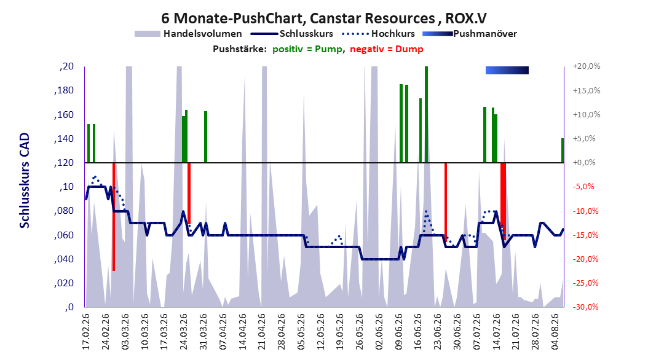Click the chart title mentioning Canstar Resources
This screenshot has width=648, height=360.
pos(323,18)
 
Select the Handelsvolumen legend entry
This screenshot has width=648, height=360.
pos(189,34)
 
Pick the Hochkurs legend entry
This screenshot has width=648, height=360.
pos(379,34)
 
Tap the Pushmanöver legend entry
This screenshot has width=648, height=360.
pos(470,34)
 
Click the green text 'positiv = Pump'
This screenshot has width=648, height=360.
pos(307,49)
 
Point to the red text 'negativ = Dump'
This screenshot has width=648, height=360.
pos(387,49)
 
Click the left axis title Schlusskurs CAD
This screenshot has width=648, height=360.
pos(25,181)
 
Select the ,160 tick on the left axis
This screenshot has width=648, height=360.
pos(64,115)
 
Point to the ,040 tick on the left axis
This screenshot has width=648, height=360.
pos(64,259)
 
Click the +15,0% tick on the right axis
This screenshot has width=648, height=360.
pos(587,90)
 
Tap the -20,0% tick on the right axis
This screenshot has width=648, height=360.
pos(587,259)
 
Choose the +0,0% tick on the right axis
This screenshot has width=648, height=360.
pos(584,163)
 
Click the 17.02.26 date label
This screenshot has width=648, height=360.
pos(86,332)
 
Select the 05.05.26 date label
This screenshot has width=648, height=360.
pos(301,332)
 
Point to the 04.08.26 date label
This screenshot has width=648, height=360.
pos(556,332)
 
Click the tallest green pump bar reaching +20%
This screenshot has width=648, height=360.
pos(427,114)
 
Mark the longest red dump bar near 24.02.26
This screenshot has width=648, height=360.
pos(114,217)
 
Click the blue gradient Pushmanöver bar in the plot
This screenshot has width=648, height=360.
pos(507,70)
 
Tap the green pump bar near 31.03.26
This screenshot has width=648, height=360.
pos(205,136)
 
